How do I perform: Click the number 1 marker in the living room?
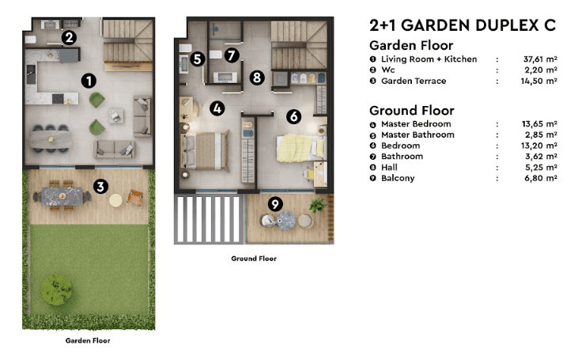89,81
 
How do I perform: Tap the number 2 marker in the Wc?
69,38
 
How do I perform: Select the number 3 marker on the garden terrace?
100,186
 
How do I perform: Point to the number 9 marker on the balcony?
275,203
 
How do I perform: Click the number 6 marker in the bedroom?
294,116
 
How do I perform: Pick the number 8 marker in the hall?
257,78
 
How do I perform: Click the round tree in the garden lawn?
56,290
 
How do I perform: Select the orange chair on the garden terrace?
135,197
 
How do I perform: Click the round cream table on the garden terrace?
115,200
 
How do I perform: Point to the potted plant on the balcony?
317,206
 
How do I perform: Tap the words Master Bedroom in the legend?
416,124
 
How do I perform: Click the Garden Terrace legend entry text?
414,81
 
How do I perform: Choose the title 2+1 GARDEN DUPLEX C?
463,25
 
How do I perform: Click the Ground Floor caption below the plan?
254,259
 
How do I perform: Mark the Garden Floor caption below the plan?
88,340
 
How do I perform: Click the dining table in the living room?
51,139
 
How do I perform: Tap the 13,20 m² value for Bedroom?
539,146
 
